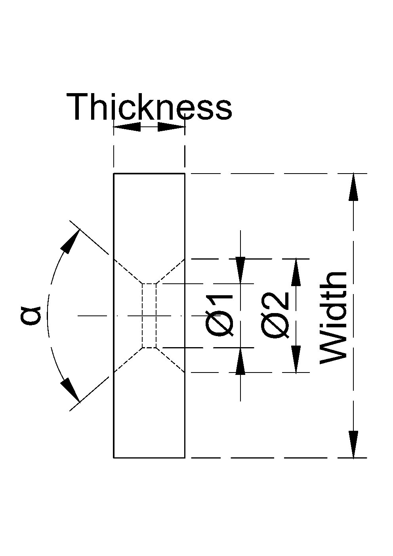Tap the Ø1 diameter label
click(x=219, y=315)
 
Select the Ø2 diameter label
click(x=275, y=315)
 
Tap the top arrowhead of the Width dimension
click(x=353, y=187)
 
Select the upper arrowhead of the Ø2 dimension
click(x=296, y=273)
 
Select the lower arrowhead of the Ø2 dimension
click(x=296, y=359)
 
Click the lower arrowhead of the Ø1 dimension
click(x=240, y=361)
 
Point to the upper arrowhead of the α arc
click(x=71, y=241)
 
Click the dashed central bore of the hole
click(x=149, y=315)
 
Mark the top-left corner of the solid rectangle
click(x=114, y=174)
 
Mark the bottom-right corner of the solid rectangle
click(x=185, y=457)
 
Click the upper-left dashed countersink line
click(x=128, y=271)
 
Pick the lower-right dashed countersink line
click(x=170, y=360)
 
